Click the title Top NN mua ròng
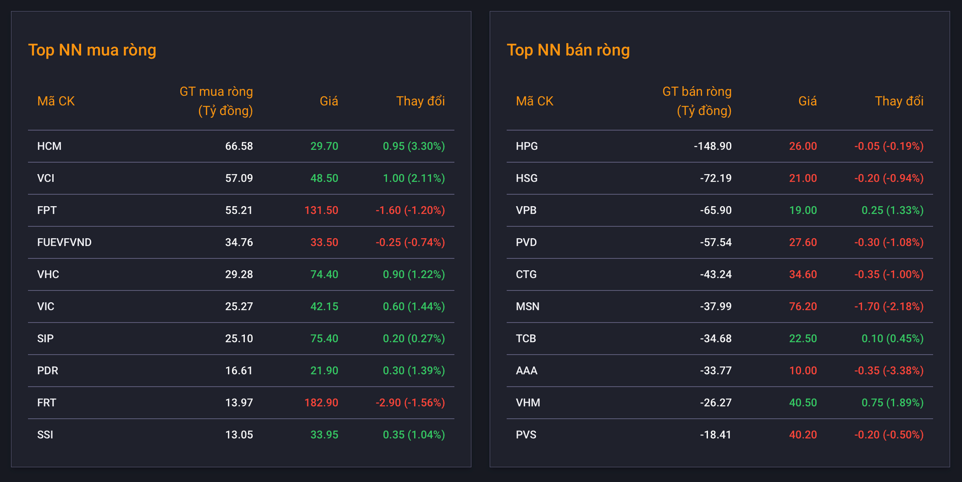[92, 50]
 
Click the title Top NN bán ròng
[568, 50]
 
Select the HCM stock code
[49, 146]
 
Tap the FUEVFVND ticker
[64, 242]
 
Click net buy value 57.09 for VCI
[239, 178]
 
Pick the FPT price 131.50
[321, 210]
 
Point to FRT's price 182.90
[321, 402]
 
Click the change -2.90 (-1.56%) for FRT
[410, 402]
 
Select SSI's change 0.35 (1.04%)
[414, 434]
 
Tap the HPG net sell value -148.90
[712, 146]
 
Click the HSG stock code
[527, 178]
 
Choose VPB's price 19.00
[803, 210]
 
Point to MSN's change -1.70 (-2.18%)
[889, 306]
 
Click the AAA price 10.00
[803, 370]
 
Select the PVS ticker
[526, 434]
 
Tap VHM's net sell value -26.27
[715, 402]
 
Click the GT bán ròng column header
[697, 101]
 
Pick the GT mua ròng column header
[216, 101]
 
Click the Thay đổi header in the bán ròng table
[899, 101]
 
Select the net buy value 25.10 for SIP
[239, 338]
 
